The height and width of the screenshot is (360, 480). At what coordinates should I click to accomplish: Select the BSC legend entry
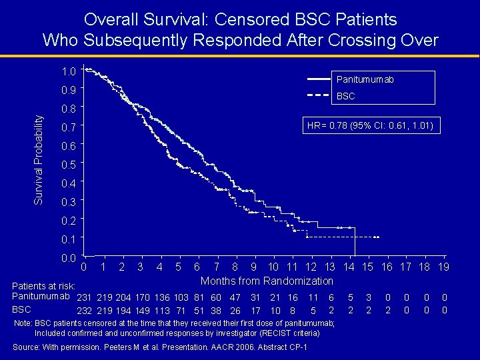tap(346, 96)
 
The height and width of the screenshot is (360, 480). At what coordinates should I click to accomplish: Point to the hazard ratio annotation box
tap(372, 125)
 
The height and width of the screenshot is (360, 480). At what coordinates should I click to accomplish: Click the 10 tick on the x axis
tap(273, 267)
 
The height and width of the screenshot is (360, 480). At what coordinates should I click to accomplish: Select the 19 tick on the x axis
tap(443, 267)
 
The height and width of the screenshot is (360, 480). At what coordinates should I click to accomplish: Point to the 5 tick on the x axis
tap(178, 267)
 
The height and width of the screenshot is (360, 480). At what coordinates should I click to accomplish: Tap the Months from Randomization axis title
tap(267, 281)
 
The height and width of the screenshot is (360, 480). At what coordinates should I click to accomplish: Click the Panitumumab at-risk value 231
tap(84, 297)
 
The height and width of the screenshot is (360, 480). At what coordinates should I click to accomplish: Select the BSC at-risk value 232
tap(84, 310)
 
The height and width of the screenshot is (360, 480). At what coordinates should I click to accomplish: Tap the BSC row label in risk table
tap(22, 310)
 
